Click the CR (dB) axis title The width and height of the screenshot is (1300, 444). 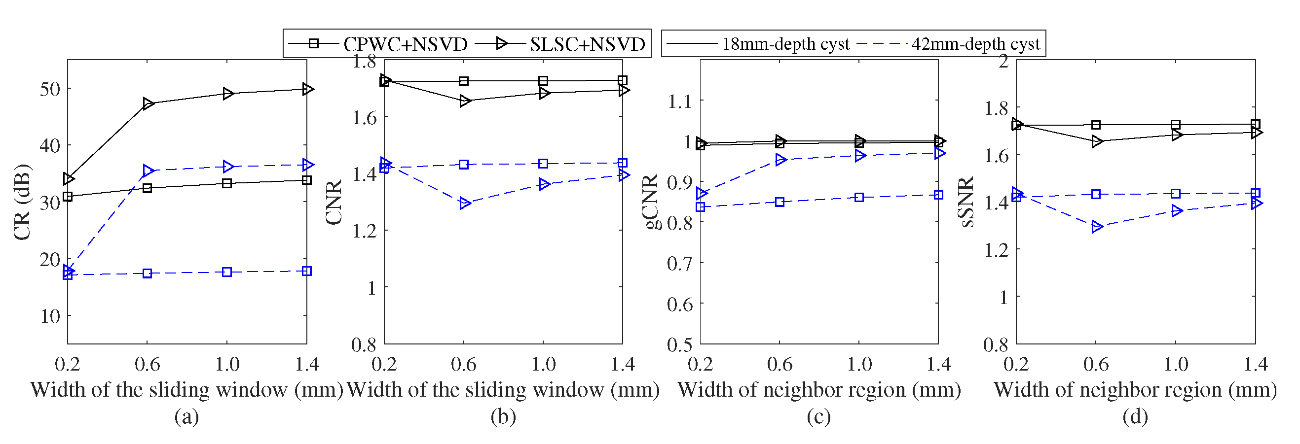pyautogui.click(x=22, y=202)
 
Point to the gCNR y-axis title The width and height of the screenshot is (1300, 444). pyautogui.click(x=653, y=202)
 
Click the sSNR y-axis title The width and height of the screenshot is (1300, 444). pyautogui.click(x=966, y=202)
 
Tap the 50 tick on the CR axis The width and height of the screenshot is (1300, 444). pyautogui.click(x=49, y=89)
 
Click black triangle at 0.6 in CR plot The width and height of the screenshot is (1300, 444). pyautogui.click(x=148, y=103)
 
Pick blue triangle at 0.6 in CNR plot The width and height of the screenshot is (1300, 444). pyautogui.click(x=465, y=203)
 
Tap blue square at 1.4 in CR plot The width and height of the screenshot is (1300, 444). pyautogui.click(x=306, y=271)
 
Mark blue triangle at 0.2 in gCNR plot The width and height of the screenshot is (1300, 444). pyautogui.click(x=701, y=193)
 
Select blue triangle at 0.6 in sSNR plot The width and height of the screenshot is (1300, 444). pyautogui.click(x=1097, y=227)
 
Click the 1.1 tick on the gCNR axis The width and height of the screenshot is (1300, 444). pyautogui.click(x=680, y=102)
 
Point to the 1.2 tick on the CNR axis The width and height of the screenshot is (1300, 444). pyautogui.click(x=364, y=231)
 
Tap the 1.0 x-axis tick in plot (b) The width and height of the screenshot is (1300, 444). pyautogui.click(x=543, y=364)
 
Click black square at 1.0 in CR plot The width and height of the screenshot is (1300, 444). pyautogui.click(x=227, y=183)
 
